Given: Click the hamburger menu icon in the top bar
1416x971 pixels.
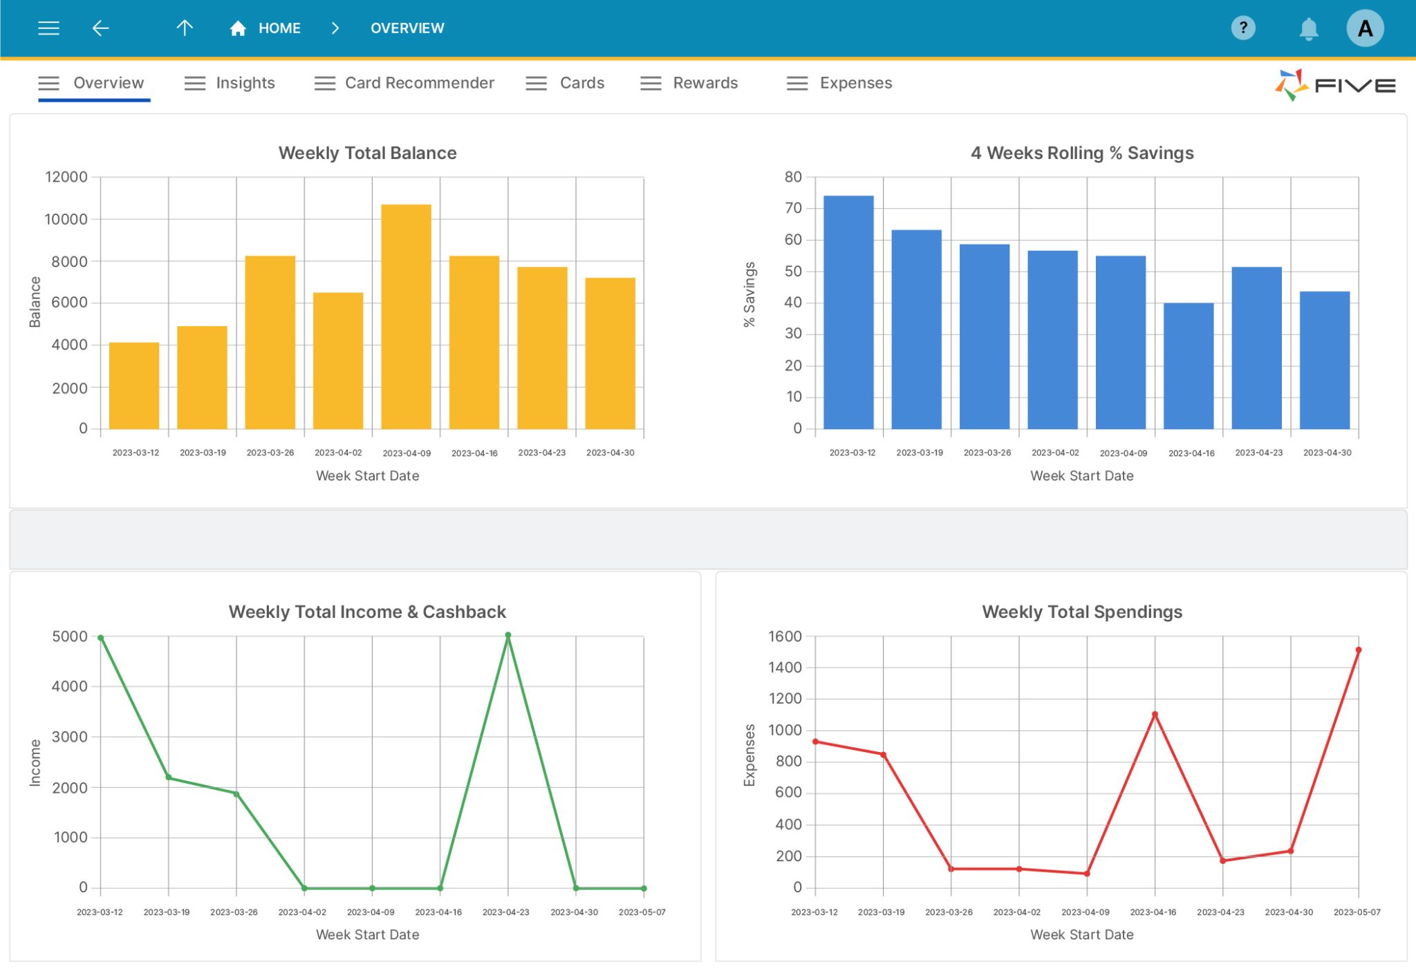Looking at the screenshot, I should (x=48, y=28).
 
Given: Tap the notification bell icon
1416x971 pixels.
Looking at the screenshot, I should (x=1308, y=29).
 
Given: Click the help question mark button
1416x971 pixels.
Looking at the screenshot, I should (x=1242, y=28).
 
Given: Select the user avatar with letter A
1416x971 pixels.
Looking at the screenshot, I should (x=1364, y=28).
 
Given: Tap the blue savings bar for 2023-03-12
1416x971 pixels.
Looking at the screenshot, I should (x=848, y=312).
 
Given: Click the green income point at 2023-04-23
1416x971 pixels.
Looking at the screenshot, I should (x=508, y=635).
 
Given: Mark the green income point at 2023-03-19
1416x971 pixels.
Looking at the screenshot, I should (x=169, y=777).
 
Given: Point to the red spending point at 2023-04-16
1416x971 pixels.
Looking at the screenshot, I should (x=1155, y=714).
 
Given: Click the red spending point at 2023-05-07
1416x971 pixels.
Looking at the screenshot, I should (x=1359, y=650).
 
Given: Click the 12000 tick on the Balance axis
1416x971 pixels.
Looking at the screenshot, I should (x=66, y=177).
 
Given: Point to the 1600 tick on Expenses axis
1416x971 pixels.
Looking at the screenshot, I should (x=785, y=636).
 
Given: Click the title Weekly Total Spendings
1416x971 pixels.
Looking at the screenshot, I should (x=1081, y=612).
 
